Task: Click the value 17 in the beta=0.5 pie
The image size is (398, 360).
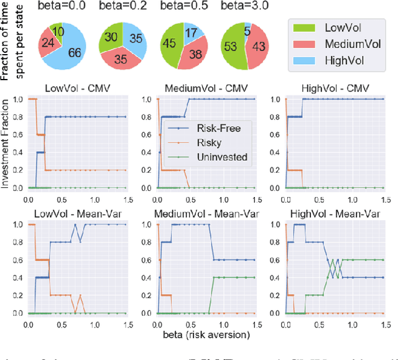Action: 193,32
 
